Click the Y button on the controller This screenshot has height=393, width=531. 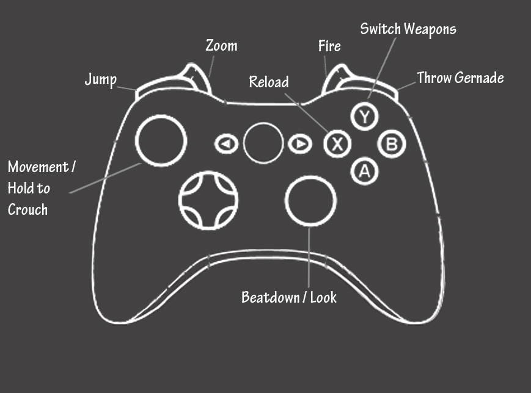[x=365, y=116]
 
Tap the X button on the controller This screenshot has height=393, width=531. [x=336, y=144]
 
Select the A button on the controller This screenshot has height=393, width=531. [x=365, y=171]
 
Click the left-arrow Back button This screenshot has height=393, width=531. [x=225, y=144]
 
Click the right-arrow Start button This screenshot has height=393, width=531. [x=299, y=144]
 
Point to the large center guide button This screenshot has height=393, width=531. [x=263, y=143]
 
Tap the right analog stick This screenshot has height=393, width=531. [x=311, y=200]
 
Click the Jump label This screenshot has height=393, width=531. [x=100, y=79]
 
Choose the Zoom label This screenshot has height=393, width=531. [x=221, y=46]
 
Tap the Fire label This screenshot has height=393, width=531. [x=329, y=46]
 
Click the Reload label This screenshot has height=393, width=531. [x=269, y=82]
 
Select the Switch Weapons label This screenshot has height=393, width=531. [x=408, y=29]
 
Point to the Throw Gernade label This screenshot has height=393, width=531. [x=460, y=78]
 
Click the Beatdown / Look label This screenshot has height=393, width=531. [x=289, y=297]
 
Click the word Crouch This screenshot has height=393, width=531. [x=27, y=209]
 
